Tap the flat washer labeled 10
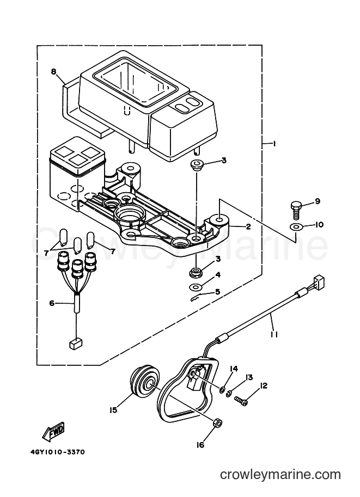(x=296, y=227)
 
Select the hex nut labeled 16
(x=217, y=423)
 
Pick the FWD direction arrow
(x=53, y=432)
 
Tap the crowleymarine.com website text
(x=280, y=475)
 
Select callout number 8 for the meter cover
(x=53, y=72)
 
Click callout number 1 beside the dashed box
(x=273, y=144)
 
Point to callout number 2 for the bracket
(x=248, y=226)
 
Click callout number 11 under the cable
(x=274, y=334)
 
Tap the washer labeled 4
(x=194, y=287)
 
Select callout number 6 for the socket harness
(x=52, y=303)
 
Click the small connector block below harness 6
(x=76, y=344)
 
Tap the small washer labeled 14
(x=222, y=389)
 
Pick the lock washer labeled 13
(x=228, y=394)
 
